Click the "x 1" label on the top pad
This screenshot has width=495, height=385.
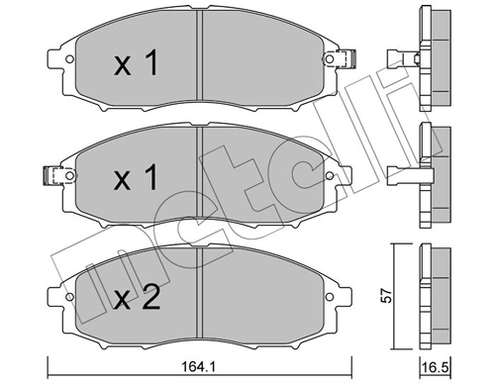tap(136, 65)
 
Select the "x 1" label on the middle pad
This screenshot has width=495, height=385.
tap(136, 179)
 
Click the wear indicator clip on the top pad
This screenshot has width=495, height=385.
tap(346, 57)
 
